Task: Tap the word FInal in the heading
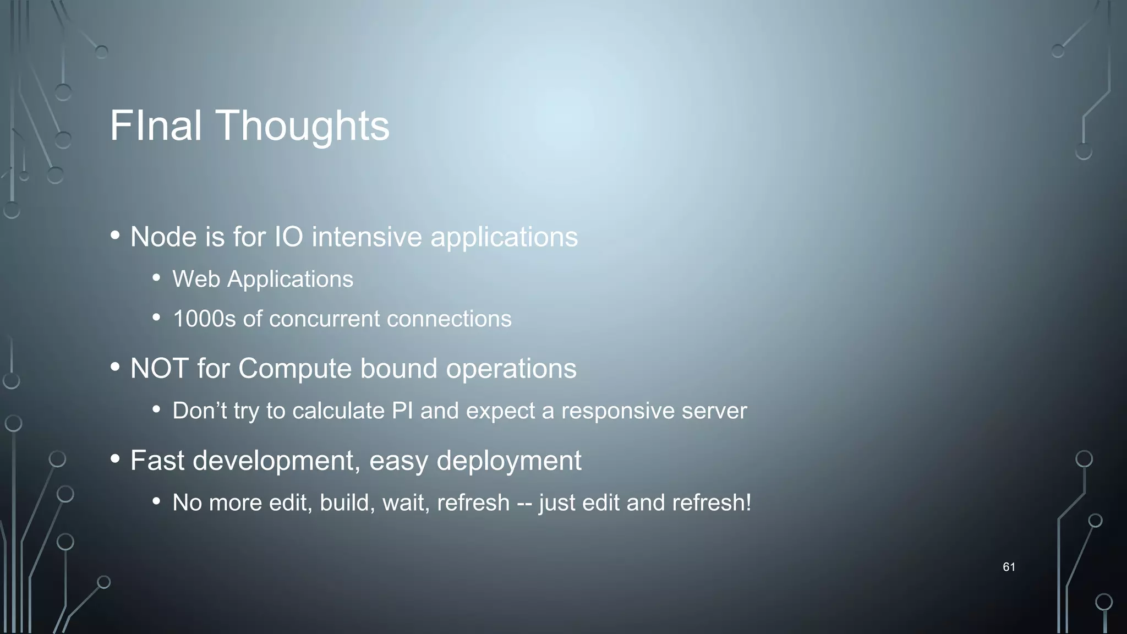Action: (x=156, y=126)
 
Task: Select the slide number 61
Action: (x=1009, y=567)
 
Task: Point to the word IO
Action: (x=289, y=237)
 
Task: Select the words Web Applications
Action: (x=262, y=280)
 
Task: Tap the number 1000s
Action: (x=204, y=319)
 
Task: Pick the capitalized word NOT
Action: (x=160, y=368)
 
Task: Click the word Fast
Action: (x=157, y=460)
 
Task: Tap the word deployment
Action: (x=508, y=461)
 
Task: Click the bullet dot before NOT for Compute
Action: (x=115, y=367)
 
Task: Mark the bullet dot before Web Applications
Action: (x=157, y=278)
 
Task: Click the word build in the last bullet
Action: (x=344, y=502)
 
